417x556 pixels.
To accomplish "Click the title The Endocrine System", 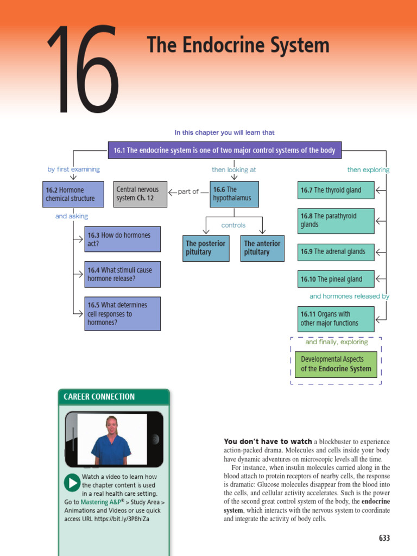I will [x=238, y=45].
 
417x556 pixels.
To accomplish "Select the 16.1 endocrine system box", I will [x=225, y=150].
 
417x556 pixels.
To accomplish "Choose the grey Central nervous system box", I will [x=140, y=194].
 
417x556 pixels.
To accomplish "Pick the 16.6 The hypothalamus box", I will [x=234, y=194].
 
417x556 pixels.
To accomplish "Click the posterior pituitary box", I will [x=206, y=248].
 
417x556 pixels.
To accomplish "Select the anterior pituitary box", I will [x=262, y=248].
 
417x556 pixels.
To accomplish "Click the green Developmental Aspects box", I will [x=336, y=364].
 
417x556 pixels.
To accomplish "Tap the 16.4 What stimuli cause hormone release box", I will [x=122, y=275].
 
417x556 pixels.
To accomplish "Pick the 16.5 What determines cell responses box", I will [x=122, y=314].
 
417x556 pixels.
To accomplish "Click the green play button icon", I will [x=72, y=483].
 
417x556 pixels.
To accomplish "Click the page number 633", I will [x=384, y=538].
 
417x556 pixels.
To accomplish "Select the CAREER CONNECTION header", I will [x=99, y=396].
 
